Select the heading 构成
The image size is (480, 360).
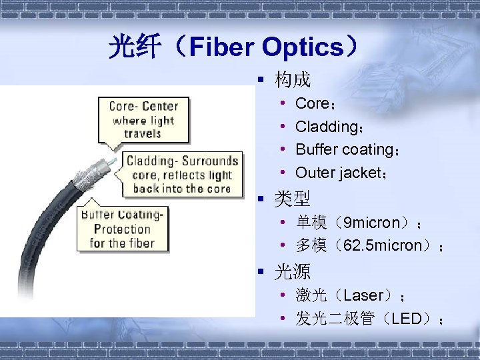293,80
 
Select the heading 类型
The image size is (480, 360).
293,199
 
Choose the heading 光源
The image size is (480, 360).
293,271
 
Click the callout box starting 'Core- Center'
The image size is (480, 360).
143,120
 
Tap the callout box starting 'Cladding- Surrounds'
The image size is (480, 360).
181,174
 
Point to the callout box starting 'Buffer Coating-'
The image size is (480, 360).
122,227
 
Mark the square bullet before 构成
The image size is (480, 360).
262,81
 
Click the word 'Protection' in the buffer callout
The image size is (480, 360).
122,229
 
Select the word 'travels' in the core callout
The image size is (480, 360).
143,133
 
